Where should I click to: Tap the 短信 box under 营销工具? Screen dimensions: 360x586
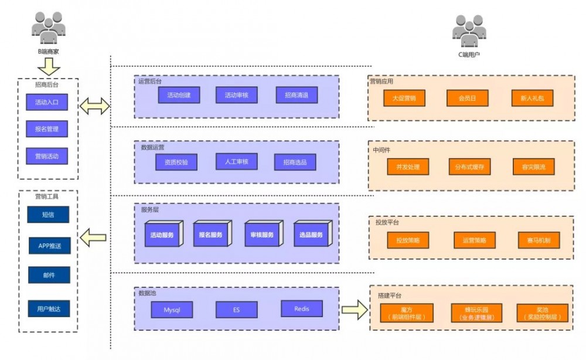pos(48,215)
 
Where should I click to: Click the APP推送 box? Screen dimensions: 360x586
pos(50,246)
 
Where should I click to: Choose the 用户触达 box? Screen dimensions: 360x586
pos(49,308)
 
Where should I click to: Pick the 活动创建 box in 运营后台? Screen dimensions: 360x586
pos(179,95)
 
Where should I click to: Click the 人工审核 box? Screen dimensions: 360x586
pos(236,161)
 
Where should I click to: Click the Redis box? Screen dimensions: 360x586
pos(302,308)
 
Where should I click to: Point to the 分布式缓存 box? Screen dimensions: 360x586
pos(469,167)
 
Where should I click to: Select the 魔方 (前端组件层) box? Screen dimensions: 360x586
pos(407,313)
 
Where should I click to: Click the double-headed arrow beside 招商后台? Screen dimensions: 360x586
pos(94,106)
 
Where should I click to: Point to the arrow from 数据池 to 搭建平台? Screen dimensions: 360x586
pos(355,310)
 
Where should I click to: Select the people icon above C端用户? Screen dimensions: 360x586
pos(469,30)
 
